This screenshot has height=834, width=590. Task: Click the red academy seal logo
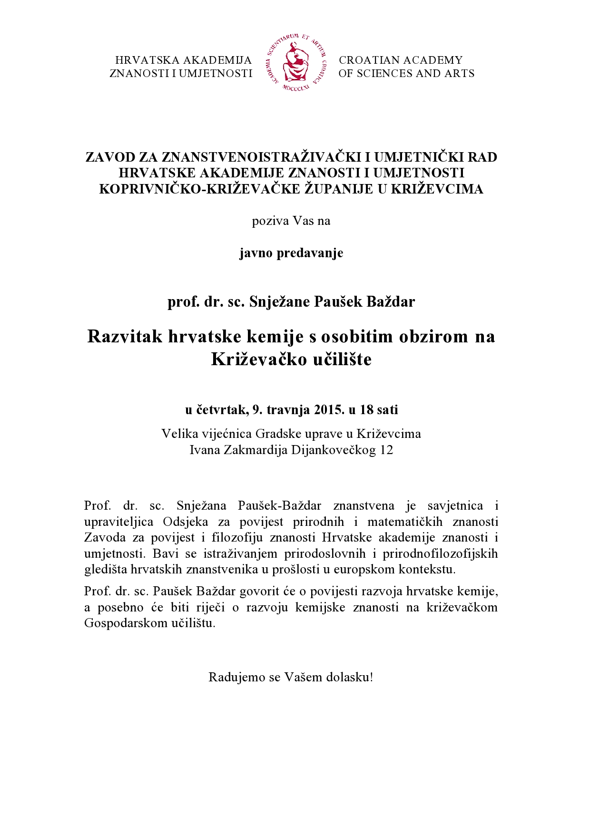click(295, 62)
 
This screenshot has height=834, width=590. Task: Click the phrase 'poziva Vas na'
click(291, 221)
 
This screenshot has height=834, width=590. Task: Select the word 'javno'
click(256, 253)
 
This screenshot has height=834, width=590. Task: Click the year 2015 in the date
click(329, 409)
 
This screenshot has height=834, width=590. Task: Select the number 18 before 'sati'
click(366, 409)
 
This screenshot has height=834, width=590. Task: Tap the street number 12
click(386, 450)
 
